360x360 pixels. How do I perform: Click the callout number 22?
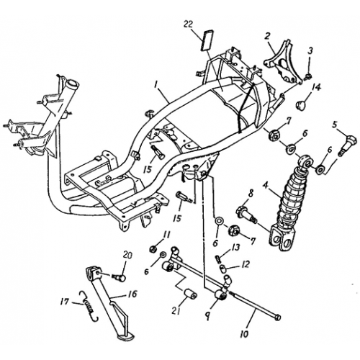pyautogui.click(x=189, y=24)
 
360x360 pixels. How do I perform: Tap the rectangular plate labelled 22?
pyautogui.click(x=207, y=40)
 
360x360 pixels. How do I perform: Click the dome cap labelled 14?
pyautogui.click(x=300, y=104)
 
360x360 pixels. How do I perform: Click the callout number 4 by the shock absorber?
pyautogui.click(x=265, y=185)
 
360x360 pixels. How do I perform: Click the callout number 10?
pyautogui.click(x=245, y=334)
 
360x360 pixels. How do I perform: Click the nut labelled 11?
pyautogui.click(x=153, y=249)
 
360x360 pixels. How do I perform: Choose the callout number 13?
pyautogui.click(x=236, y=248)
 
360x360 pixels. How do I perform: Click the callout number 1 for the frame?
pyautogui.click(x=156, y=85)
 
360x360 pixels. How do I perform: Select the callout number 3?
pyautogui.click(x=310, y=51)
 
